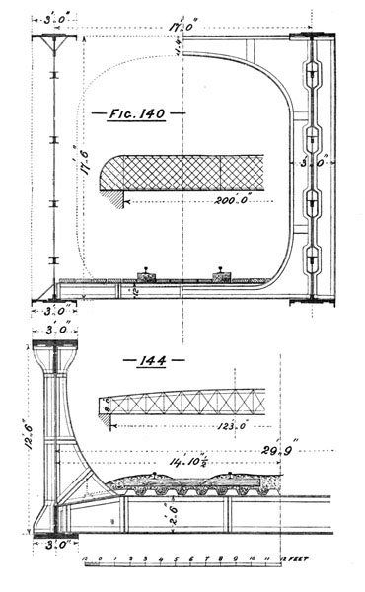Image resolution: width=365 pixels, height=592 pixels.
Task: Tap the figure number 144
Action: [x=148, y=360]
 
